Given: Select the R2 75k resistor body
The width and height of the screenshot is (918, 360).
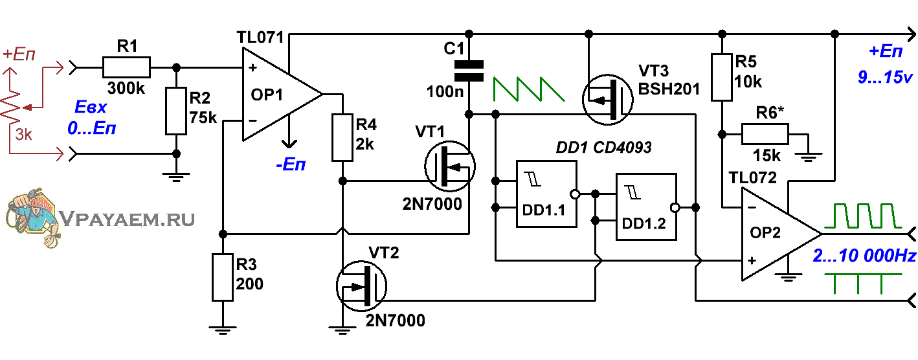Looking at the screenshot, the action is [x=176, y=111].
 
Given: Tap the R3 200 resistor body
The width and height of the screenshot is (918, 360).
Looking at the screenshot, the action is [x=223, y=278].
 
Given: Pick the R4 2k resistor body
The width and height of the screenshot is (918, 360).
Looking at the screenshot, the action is [x=342, y=137].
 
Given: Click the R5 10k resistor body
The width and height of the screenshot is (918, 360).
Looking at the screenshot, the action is [x=722, y=77].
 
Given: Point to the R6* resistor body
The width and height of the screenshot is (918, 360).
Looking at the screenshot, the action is [x=765, y=135].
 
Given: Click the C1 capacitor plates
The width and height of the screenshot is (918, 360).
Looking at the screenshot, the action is [x=469, y=71].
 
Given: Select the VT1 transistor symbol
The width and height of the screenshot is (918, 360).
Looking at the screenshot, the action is [x=450, y=166].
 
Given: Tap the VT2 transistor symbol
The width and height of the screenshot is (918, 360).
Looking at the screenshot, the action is [x=361, y=286].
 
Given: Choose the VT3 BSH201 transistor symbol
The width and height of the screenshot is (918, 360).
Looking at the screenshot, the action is [x=608, y=100].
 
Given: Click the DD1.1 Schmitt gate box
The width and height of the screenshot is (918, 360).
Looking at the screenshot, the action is [x=546, y=194].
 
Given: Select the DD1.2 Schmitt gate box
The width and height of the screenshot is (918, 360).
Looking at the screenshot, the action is [x=646, y=207].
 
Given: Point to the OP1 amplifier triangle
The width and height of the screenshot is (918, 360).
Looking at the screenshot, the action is [x=282, y=95].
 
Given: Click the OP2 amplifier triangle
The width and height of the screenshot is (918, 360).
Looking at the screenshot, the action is [x=781, y=234].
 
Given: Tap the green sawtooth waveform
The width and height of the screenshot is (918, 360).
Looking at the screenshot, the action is [x=529, y=89].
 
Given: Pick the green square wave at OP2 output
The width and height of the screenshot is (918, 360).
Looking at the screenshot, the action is [x=863, y=216].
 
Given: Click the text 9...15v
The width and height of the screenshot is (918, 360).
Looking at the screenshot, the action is [x=885, y=77].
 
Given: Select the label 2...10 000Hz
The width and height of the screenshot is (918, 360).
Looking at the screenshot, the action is [x=864, y=256].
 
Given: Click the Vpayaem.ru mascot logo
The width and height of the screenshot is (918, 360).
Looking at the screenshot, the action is [x=32, y=217].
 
